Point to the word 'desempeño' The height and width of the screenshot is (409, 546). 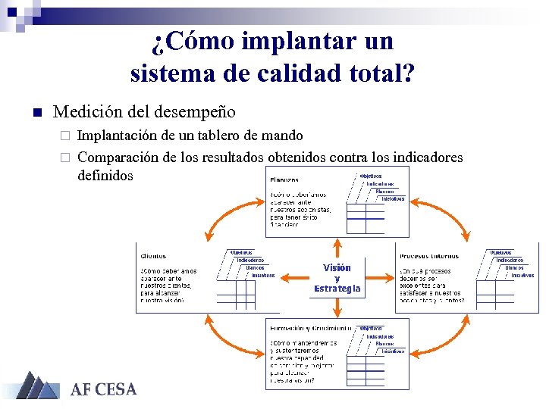(x=195, y=112)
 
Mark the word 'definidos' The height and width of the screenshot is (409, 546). (x=105, y=176)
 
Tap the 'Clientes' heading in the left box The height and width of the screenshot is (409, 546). (x=153, y=256)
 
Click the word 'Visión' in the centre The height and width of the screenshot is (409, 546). (x=337, y=267)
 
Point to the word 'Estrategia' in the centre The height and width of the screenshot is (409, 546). (x=337, y=289)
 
